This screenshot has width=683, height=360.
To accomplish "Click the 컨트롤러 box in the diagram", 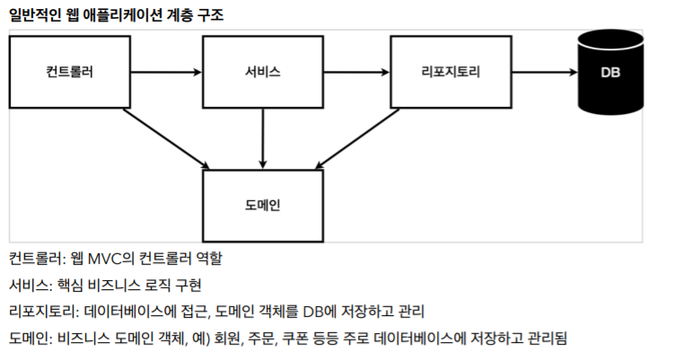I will [69, 71].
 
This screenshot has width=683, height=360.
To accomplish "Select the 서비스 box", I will [262, 71].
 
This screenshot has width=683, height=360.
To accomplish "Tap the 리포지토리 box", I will [450, 71].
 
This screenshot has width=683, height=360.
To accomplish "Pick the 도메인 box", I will [262, 203].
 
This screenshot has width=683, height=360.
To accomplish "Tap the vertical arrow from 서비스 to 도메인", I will [262, 136].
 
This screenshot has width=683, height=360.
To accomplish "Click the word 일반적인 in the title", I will [34, 14].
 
